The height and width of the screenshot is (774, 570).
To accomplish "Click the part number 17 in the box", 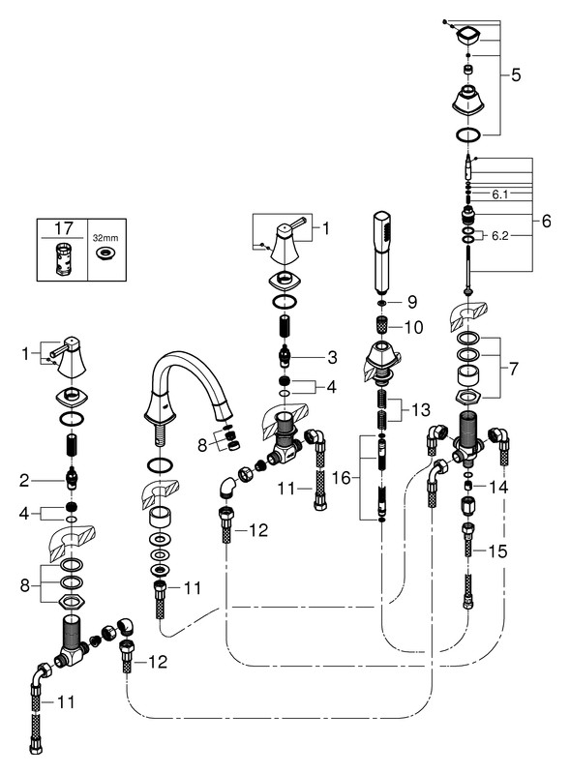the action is [63, 228].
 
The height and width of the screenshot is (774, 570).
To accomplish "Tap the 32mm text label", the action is [105, 238].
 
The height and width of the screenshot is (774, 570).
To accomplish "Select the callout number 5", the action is [516, 75].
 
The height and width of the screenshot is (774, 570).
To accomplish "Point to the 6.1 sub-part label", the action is [500, 195].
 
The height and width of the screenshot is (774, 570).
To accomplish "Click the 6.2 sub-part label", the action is [500, 236].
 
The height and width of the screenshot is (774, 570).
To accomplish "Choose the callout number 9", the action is [412, 302].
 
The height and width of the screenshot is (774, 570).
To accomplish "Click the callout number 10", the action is [413, 327].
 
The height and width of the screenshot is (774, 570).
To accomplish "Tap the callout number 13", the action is [421, 409].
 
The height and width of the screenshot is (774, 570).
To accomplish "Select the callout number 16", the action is [342, 478].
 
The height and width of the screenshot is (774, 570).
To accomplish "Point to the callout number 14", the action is [497, 488].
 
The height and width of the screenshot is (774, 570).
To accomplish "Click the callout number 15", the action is [497, 551].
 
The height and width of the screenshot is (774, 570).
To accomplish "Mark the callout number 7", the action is [514, 369].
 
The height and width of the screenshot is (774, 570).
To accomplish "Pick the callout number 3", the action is [332, 357].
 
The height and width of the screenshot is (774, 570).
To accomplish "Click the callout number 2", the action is [25, 480].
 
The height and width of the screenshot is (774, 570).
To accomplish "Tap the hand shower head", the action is [381, 252].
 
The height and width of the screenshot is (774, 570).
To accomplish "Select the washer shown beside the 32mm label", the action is [105, 253].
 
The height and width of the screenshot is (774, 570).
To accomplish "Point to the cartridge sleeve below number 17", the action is [62, 257].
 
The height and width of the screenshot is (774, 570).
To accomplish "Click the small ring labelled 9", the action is [382, 302].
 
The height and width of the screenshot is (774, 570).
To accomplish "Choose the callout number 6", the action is [547, 221].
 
